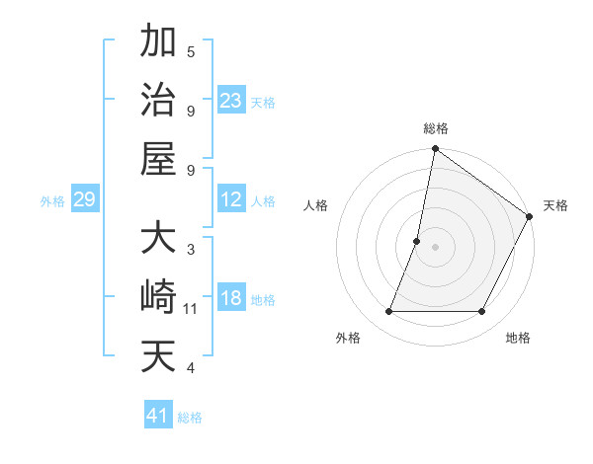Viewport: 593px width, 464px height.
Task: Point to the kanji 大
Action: (158, 239)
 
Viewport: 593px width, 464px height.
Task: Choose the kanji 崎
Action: (158, 297)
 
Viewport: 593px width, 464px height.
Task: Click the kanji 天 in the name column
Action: (158, 356)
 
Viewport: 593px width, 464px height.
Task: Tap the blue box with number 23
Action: (231, 100)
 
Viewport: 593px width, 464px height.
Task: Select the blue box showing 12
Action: (231, 199)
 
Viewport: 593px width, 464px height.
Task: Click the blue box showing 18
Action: (231, 298)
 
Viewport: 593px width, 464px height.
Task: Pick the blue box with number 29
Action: (85, 199)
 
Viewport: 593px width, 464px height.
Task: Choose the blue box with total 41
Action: (158, 416)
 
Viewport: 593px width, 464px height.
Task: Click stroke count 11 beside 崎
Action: (191, 309)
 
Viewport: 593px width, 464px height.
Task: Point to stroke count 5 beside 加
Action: (191, 51)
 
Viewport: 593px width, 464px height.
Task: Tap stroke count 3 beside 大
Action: (191, 250)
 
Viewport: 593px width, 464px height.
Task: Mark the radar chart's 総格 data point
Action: (435, 150)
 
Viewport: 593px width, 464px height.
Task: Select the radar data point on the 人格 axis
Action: (417, 241)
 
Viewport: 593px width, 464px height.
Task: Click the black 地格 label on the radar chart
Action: (518, 339)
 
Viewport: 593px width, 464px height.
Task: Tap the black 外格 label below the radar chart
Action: (348, 339)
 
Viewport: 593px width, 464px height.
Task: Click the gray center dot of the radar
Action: (435, 247)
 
